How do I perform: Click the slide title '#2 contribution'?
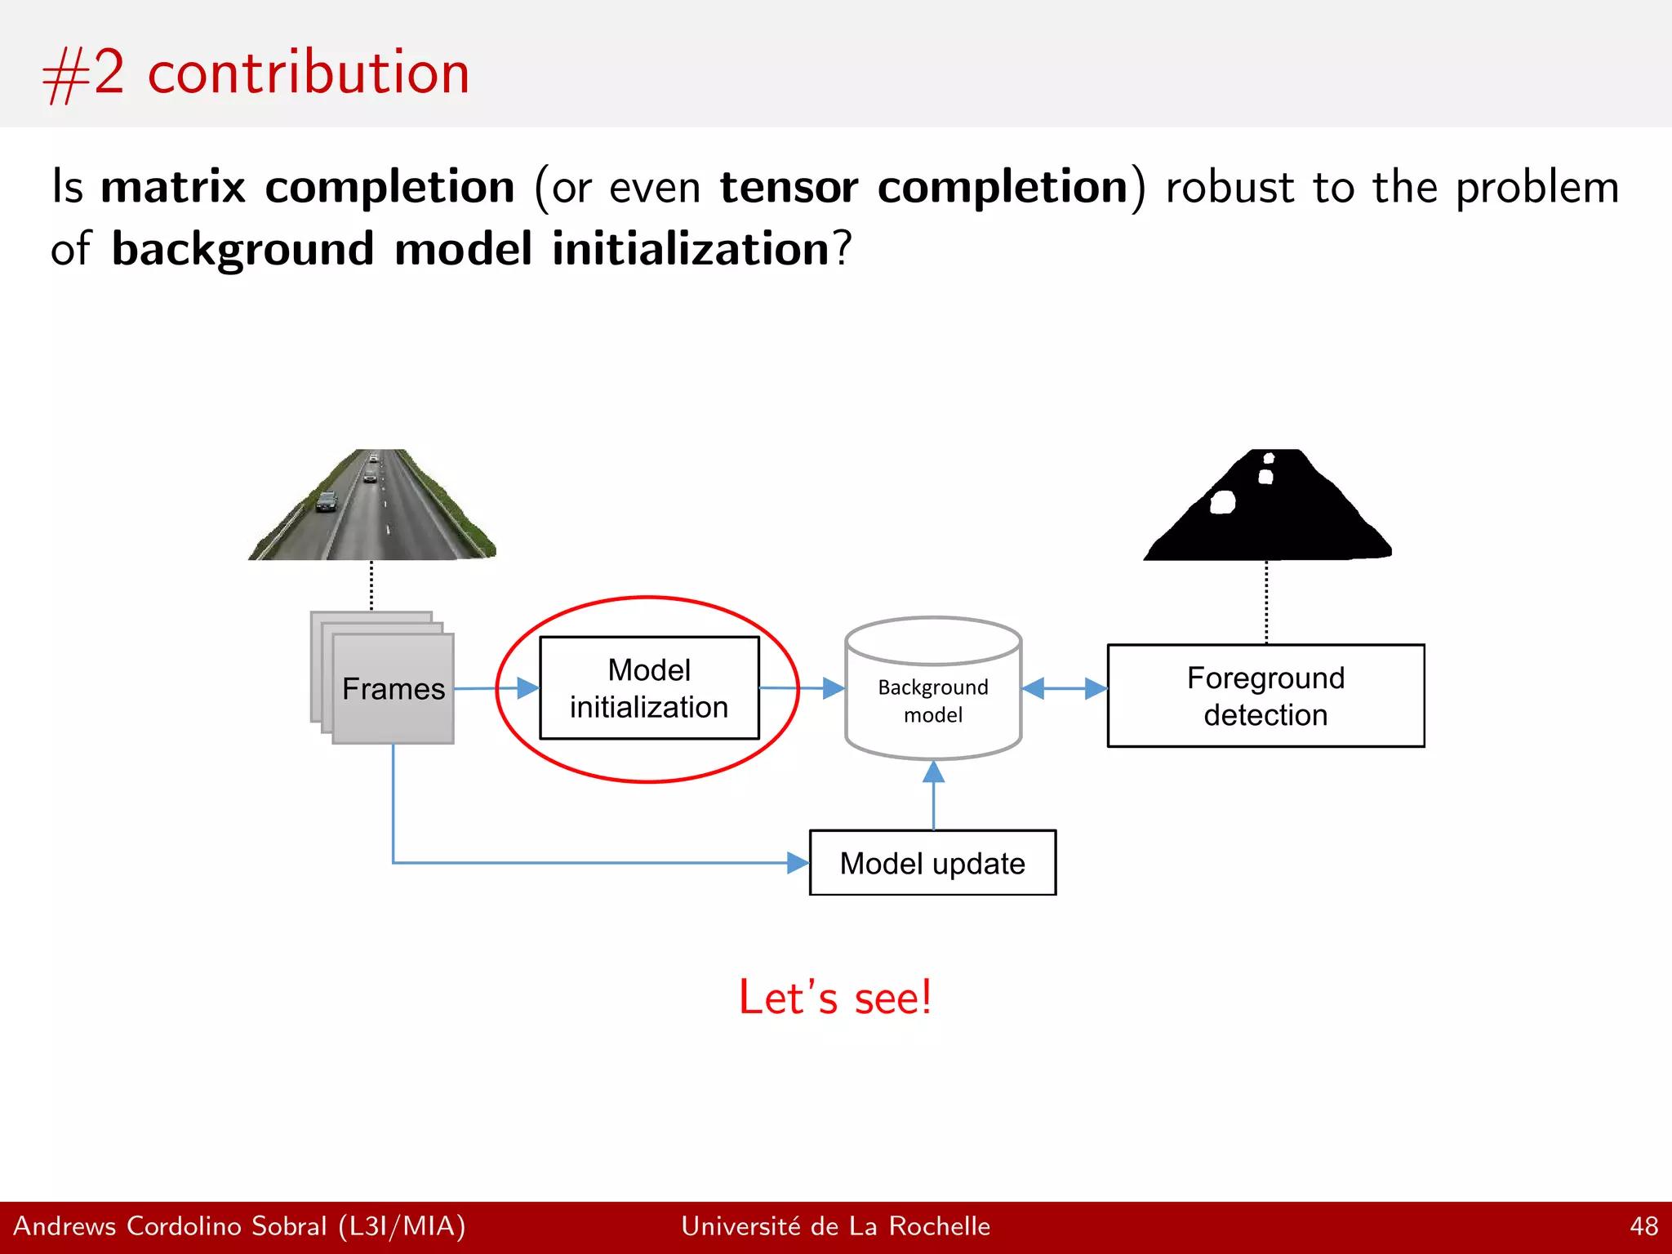[x=256, y=73]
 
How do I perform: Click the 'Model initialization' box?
[x=649, y=688]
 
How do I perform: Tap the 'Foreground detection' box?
[x=1265, y=696]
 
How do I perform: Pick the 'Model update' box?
[x=932, y=863]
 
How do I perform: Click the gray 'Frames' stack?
[x=393, y=688]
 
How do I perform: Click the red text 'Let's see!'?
[x=834, y=998]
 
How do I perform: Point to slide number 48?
[x=1643, y=1226]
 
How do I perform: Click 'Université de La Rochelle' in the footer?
[x=835, y=1226]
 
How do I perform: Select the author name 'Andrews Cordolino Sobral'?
[x=170, y=1226]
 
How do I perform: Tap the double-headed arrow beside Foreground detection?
[x=1065, y=688]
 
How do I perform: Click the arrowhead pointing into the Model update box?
[x=797, y=863]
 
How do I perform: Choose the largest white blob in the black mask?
[x=1222, y=502]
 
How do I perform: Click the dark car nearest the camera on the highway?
[x=327, y=502]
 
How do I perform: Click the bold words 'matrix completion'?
[x=308, y=187]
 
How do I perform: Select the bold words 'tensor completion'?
[x=924, y=187]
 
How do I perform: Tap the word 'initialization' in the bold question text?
[x=691, y=249]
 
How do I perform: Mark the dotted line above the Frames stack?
[x=371, y=585]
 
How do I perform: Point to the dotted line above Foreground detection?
[x=1266, y=603]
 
